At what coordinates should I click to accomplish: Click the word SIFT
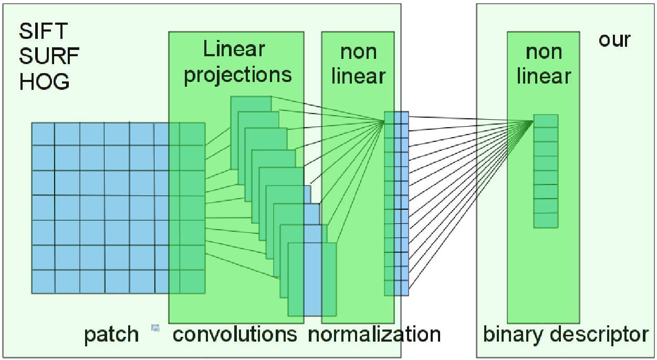(x=36, y=32)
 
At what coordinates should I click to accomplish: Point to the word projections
(x=238, y=75)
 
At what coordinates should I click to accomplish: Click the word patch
(x=111, y=335)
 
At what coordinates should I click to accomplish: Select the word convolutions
(x=235, y=335)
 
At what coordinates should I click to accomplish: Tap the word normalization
(x=374, y=335)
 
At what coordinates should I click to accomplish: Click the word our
(x=614, y=40)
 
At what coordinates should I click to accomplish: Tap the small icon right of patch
(x=155, y=328)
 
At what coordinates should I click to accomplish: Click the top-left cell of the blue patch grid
(x=43, y=133)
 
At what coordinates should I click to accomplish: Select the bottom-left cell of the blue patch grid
(x=43, y=281)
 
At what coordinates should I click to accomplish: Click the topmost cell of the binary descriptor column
(x=546, y=121)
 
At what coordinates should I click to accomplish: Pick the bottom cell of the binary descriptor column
(x=546, y=220)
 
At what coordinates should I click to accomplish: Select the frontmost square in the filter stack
(x=312, y=280)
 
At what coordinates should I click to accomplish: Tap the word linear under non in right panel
(x=544, y=77)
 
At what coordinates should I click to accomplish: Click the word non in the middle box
(x=358, y=52)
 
